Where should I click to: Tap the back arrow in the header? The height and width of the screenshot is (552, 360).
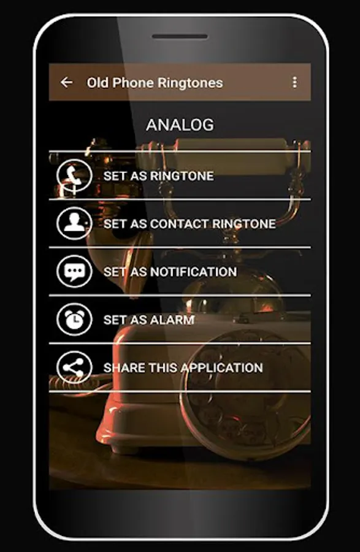(x=66, y=83)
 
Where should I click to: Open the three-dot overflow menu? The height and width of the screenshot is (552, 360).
(x=294, y=82)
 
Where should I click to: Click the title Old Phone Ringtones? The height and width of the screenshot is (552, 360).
(x=155, y=83)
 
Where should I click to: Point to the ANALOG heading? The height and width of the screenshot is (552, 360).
(x=180, y=125)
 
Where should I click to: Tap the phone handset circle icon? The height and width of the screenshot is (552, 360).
(x=74, y=175)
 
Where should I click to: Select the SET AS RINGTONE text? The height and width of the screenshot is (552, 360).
(x=158, y=176)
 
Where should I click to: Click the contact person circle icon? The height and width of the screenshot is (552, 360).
(x=74, y=223)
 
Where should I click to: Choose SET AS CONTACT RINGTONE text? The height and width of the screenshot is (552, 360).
(x=190, y=224)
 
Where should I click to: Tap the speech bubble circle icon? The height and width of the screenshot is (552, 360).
(x=74, y=272)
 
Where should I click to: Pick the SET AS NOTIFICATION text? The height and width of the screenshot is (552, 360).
(x=170, y=272)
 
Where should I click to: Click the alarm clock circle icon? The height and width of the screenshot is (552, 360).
(x=74, y=320)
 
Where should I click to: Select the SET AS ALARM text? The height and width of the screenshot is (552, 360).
(x=149, y=320)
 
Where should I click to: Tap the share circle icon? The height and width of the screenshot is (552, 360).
(x=74, y=367)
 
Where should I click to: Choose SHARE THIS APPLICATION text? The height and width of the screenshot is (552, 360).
(x=183, y=367)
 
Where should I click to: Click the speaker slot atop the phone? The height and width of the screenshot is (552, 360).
(x=180, y=36)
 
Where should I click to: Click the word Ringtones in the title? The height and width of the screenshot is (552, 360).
(x=190, y=83)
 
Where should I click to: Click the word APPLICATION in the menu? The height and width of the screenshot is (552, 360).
(x=223, y=367)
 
